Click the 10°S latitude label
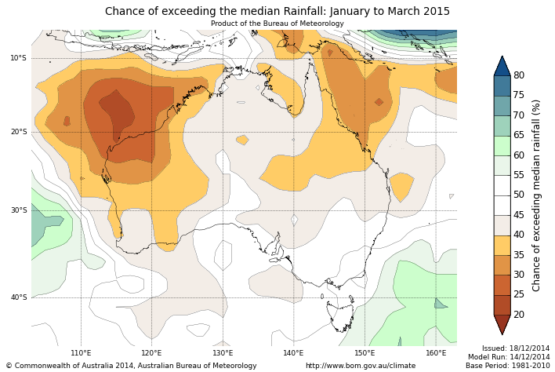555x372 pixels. (x=18, y=58)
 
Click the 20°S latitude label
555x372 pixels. (x=18, y=132)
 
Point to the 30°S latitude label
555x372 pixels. (x=18, y=210)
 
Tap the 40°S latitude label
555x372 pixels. (x=18, y=297)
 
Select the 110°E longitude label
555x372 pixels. (x=81, y=353)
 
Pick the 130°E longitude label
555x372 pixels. (x=223, y=353)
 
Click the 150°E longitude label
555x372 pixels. (x=365, y=353)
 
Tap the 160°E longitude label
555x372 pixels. (x=436, y=353)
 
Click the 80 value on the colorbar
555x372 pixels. (x=519, y=75)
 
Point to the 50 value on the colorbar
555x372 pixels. (x=519, y=195)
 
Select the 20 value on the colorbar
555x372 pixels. (x=519, y=315)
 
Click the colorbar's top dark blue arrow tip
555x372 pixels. (x=502, y=58)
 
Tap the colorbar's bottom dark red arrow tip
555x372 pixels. (x=502, y=333)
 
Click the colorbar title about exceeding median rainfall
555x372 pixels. (x=537, y=195)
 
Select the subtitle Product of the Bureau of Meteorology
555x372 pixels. (x=277, y=24)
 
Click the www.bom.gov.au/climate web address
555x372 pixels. (x=361, y=366)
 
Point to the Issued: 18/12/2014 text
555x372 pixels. (x=515, y=348)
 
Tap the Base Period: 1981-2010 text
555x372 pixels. (x=508, y=366)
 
